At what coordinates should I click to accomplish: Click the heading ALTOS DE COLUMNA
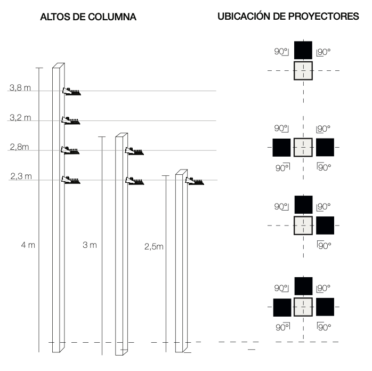click(88, 17)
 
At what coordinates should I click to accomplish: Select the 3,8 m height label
click(20, 88)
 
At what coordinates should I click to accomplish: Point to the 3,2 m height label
click(20, 117)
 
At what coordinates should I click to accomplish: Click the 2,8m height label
click(20, 147)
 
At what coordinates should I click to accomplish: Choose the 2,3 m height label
click(21, 176)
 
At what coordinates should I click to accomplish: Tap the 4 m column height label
click(28, 245)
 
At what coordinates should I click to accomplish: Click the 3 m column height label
click(90, 245)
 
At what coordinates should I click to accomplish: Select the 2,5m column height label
click(154, 247)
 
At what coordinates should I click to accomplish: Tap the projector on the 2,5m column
click(195, 181)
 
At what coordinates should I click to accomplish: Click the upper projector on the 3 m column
click(134, 151)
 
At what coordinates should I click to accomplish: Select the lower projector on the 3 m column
click(134, 181)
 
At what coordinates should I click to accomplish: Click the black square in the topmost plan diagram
click(303, 50)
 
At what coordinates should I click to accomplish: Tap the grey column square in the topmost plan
click(303, 71)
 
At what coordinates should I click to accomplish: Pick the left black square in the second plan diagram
click(281, 148)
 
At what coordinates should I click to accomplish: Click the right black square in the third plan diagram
click(325, 225)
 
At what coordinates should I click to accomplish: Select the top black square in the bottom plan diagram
click(303, 286)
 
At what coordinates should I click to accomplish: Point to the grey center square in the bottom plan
click(303, 307)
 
